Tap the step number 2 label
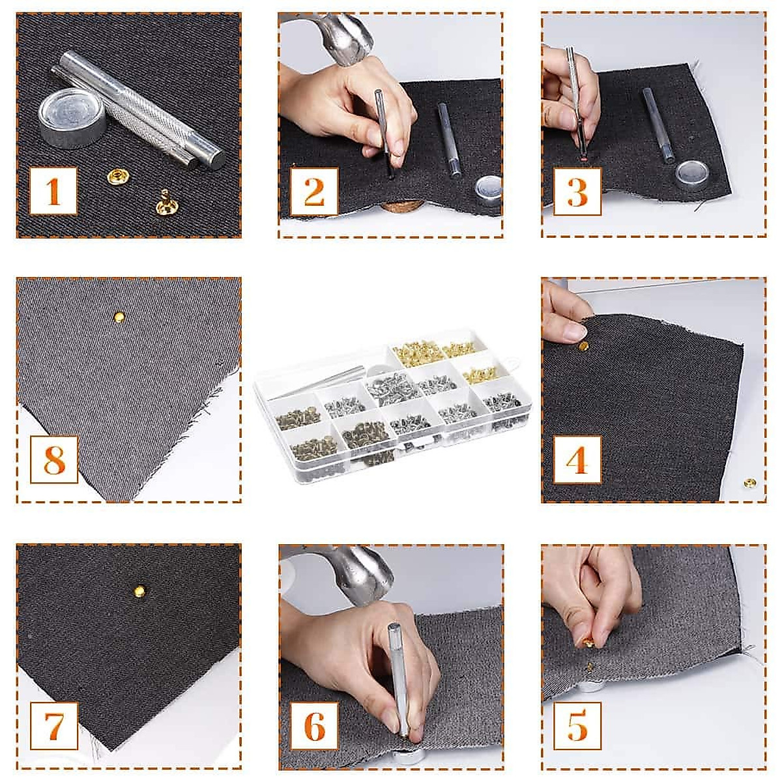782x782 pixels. [314, 191]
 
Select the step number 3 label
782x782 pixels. [577, 191]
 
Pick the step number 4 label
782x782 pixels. [577, 459]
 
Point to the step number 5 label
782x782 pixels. [577, 725]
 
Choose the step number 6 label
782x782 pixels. [314, 725]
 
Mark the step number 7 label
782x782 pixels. [53, 725]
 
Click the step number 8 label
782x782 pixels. [53, 459]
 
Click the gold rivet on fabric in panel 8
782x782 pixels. [119, 317]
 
